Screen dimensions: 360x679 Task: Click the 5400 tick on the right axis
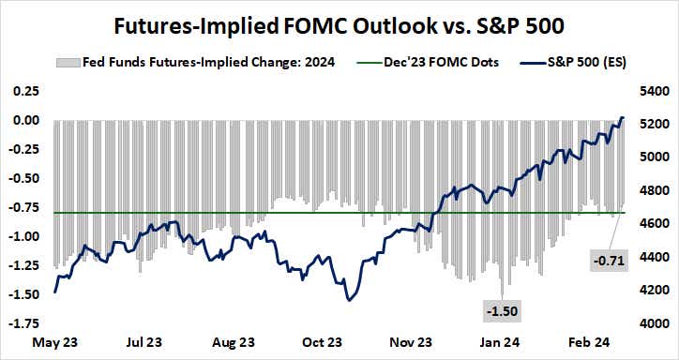(650, 91)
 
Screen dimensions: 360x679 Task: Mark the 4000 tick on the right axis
(650, 323)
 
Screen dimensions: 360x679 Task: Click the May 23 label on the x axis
(55, 342)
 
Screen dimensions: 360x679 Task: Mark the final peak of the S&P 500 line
(623, 118)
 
